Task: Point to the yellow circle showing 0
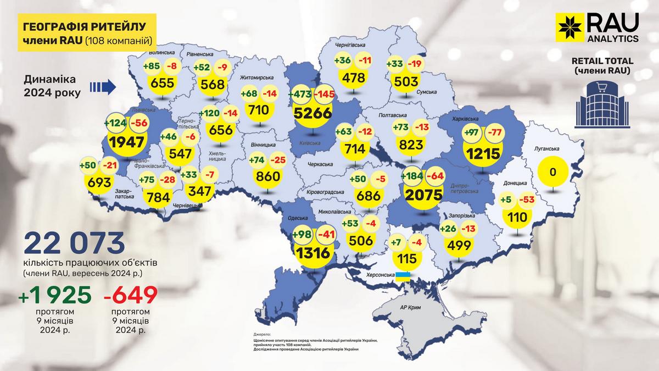553,173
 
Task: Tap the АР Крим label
410,309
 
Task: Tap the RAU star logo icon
569,28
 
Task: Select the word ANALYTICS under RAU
612,38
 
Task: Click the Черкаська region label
320,164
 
